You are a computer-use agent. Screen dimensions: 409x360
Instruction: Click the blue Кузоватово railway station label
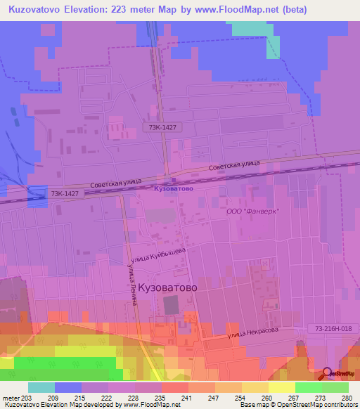pos(173,188)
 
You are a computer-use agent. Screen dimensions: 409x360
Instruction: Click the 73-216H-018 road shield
pos(332,328)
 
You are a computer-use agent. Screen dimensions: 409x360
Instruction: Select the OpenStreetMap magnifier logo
pos(328,374)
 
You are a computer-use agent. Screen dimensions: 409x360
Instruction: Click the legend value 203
pos(27,398)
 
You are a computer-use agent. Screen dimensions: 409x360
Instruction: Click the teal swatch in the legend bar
pos(41,387)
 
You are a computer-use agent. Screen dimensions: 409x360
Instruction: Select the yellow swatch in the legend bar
pos(281,387)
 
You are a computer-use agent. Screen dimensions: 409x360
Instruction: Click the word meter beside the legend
pos(10,398)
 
